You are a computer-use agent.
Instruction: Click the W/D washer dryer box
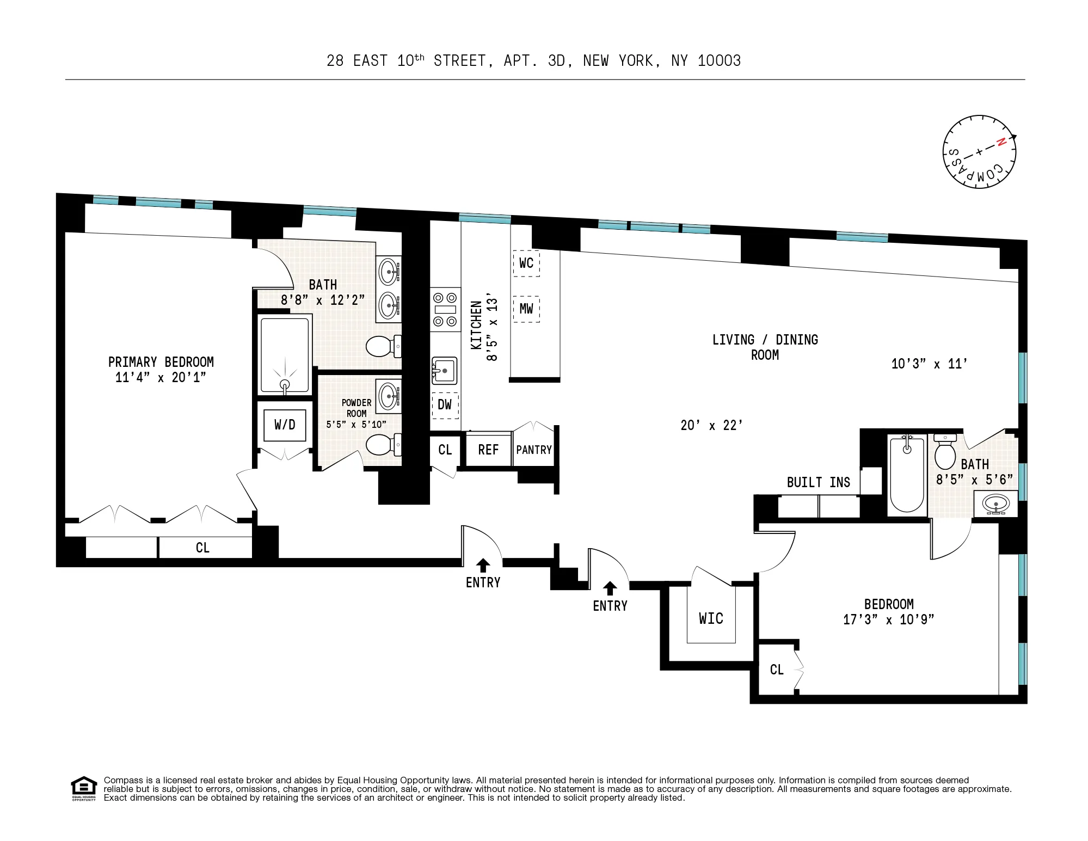[285, 425]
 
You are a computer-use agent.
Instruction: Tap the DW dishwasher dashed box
[445, 405]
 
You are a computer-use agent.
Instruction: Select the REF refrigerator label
[488, 450]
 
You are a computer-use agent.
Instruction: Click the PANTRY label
[534, 450]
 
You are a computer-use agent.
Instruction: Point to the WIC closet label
[711, 618]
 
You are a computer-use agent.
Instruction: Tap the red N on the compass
[1001, 143]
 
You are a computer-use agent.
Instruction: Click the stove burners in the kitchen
[445, 309]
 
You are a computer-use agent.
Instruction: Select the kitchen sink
[444, 371]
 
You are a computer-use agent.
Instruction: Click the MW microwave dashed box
[526, 309]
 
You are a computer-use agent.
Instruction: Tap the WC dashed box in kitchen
[526, 263]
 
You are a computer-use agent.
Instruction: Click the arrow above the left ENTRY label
[483, 565]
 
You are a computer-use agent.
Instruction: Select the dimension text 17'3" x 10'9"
[888, 619]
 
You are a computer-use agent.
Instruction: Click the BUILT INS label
[818, 482]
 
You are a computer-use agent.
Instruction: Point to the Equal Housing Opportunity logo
[83, 789]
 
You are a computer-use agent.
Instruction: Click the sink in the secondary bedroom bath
[995, 504]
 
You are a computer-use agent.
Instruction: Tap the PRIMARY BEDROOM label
[161, 362]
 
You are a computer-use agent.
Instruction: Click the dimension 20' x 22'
[711, 425]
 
